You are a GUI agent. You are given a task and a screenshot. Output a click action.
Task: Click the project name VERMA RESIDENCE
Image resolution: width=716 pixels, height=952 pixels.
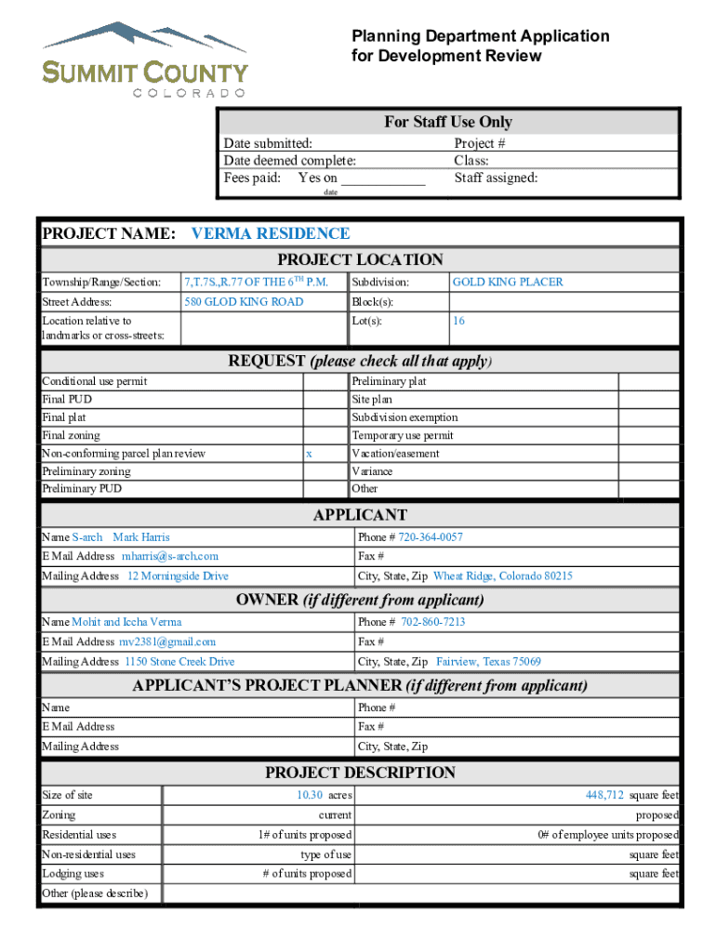pos(270,233)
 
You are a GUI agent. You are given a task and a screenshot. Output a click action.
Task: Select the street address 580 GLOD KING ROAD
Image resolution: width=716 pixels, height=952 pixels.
pos(244,301)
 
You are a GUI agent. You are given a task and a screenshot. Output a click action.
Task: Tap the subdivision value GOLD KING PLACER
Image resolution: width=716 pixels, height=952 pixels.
pos(507,282)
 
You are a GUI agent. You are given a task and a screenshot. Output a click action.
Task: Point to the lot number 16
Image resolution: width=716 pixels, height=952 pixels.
pos(458,321)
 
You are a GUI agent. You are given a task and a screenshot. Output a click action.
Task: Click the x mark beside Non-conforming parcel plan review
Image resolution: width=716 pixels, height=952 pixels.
pos(309,454)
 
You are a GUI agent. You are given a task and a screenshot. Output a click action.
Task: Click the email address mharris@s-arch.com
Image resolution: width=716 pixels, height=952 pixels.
pos(170,556)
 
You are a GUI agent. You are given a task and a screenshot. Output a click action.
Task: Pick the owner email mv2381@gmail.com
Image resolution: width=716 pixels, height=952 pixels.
pos(167,641)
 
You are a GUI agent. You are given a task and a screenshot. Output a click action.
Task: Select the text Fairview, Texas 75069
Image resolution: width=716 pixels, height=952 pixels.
pos(488,662)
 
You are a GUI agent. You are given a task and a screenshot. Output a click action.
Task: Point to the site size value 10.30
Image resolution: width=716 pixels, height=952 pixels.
pos(310,795)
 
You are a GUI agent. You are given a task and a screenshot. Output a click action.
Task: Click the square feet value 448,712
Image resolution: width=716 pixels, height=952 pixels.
pos(604,795)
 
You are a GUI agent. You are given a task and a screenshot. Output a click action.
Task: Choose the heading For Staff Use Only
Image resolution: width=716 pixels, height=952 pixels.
pos(448,122)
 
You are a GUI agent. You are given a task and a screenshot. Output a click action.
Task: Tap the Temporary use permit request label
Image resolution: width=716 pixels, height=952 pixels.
pos(402,435)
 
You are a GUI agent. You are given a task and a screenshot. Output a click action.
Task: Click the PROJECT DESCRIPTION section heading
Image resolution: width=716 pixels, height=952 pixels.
pos(360,773)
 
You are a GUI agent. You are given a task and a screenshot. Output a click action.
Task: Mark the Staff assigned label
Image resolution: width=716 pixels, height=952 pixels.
pos(496,178)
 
